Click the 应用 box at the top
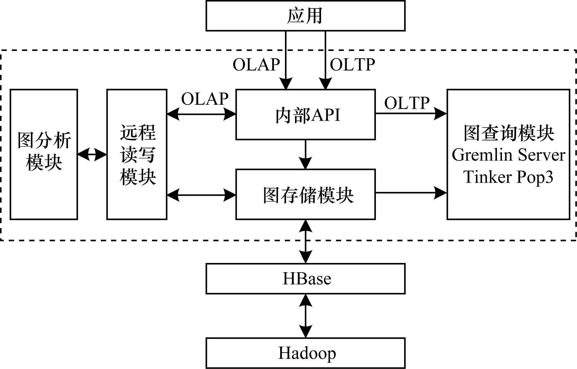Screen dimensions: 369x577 (305, 16)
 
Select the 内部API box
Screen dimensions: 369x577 (305, 115)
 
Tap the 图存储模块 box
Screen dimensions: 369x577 (305, 195)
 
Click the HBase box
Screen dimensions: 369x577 (305, 279)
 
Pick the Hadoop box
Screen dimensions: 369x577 (305, 353)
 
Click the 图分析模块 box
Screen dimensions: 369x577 (44, 154)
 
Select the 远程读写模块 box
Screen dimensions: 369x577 (137, 154)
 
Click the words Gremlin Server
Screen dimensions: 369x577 (508, 155)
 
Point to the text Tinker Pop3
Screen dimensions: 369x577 (508, 177)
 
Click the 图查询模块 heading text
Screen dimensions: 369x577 (508, 133)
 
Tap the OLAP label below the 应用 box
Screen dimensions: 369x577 (256, 65)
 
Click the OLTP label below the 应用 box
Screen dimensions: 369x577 (352, 65)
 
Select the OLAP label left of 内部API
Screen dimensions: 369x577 (205, 99)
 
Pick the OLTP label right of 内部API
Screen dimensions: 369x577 (407, 103)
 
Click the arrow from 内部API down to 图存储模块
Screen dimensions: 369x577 (305, 154)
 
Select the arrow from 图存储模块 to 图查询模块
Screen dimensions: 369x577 (411, 193)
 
